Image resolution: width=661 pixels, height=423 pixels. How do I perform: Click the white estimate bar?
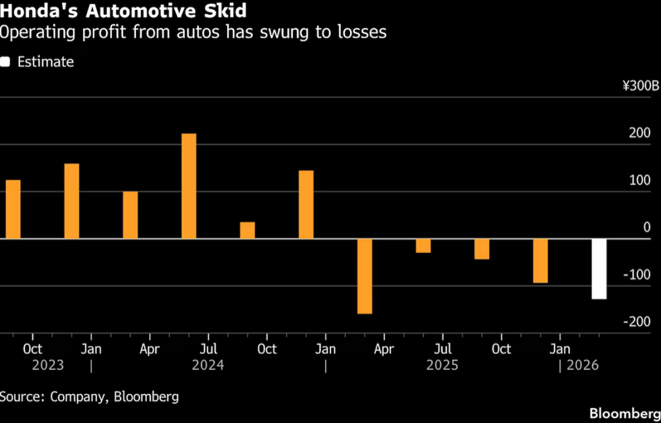point(599,268)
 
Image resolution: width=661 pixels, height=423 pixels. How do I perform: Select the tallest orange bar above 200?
point(189,186)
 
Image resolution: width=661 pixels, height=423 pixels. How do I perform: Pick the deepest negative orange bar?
point(365,276)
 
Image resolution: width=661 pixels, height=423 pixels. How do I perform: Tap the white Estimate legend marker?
point(6,62)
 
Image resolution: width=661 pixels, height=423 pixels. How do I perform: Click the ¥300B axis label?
point(641,86)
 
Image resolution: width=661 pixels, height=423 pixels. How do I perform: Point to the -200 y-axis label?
point(638,322)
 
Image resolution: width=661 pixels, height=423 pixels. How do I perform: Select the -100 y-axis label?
point(638,274)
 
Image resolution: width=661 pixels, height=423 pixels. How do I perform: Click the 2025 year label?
point(443,366)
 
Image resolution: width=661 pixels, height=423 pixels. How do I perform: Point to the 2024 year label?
point(208,366)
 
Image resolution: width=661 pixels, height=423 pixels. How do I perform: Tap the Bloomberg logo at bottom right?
point(624,413)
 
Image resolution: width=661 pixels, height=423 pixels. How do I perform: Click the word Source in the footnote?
point(21,397)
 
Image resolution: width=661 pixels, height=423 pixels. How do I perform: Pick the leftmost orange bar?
point(13,209)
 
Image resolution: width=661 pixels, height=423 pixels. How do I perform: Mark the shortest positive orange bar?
point(247,230)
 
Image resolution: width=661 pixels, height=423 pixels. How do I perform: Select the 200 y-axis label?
point(641,133)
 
